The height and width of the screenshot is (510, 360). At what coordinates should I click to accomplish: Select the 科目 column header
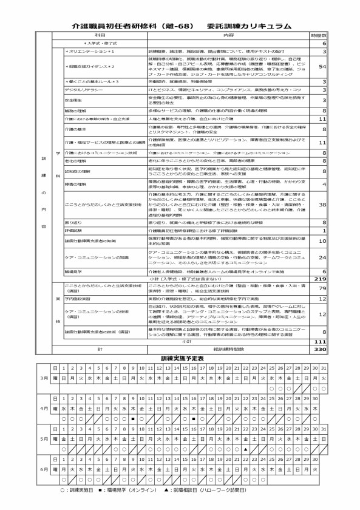click(100, 36)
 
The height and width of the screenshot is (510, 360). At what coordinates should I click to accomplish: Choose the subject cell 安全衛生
click(73, 100)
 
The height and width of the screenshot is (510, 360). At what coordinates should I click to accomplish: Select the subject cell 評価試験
click(72, 231)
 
